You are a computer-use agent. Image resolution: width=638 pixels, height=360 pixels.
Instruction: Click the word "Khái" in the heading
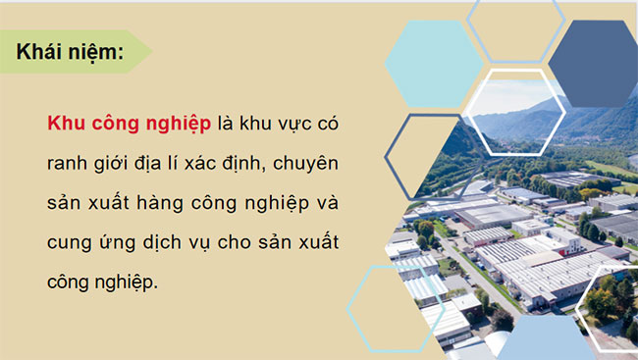click(x=41, y=53)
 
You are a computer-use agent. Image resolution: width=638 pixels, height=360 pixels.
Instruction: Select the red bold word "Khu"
click(x=66, y=125)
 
